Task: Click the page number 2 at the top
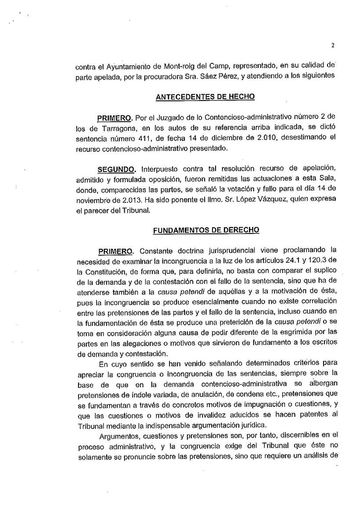pos(333,46)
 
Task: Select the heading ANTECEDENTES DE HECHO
pos(205,97)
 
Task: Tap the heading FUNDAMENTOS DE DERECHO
pos(205,230)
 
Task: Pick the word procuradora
pos(169,77)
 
